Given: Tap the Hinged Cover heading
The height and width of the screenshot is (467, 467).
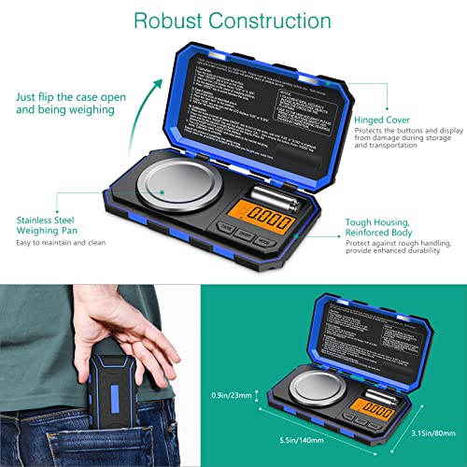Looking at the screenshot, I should [381, 120].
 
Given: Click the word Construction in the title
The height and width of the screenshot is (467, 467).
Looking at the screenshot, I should [272, 21].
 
